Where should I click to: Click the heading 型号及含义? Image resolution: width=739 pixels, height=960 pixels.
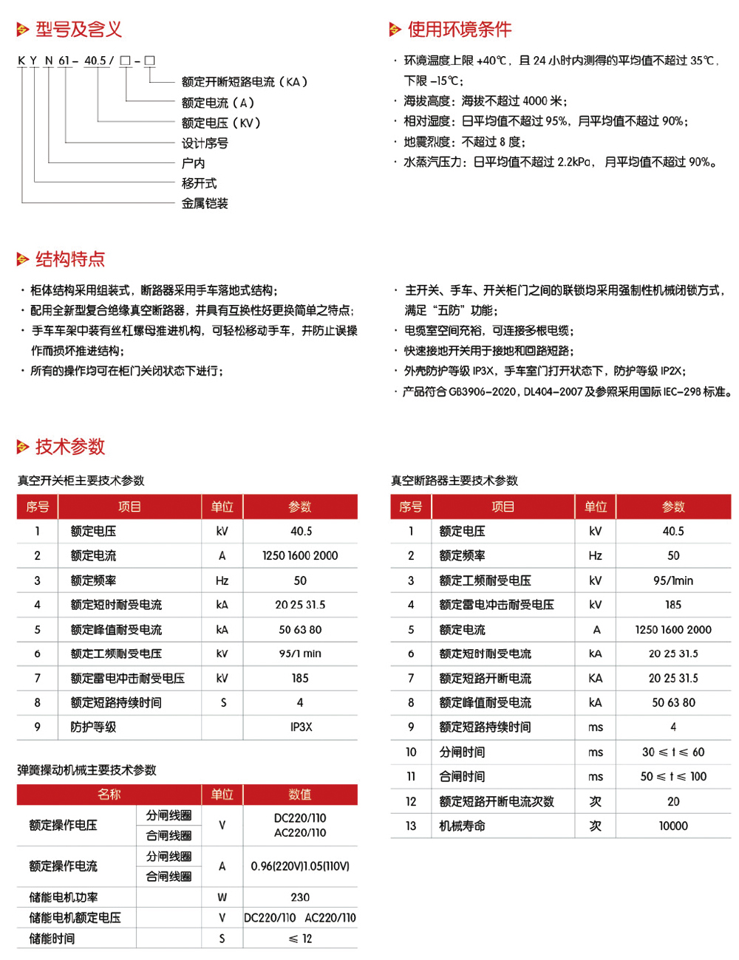[78, 30]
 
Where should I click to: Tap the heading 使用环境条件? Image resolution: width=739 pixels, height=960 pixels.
[459, 30]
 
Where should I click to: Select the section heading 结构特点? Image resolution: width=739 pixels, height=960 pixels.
[70, 259]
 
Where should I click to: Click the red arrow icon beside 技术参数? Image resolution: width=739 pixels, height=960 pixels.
[23, 447]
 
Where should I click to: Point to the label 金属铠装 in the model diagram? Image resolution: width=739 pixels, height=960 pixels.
[205, 203]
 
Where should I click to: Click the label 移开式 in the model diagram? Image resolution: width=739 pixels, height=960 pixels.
[199, 183]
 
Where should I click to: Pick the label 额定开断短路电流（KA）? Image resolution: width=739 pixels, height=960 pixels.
[245, 82]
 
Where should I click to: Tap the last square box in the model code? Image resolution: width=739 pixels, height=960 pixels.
[149, 61]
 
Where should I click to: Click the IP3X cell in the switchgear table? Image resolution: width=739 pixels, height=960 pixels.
[301, 727]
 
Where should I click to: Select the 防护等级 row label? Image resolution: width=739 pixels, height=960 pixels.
[93, 727]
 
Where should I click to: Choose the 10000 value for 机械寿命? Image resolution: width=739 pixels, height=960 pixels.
[673, 826]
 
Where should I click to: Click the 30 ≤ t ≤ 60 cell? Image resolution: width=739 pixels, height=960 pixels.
[673, 752]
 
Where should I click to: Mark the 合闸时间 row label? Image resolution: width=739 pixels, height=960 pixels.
[462, 777]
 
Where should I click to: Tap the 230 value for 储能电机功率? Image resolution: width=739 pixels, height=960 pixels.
[300, 897]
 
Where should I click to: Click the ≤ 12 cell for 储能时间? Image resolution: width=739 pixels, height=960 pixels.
[300, 939]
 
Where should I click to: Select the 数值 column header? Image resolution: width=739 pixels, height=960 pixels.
[300, 795]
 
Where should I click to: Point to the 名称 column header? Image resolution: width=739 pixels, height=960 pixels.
[109, 795]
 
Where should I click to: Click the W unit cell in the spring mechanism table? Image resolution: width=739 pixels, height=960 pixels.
[222, 897]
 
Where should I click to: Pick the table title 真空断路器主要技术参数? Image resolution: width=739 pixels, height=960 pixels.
[454, 481]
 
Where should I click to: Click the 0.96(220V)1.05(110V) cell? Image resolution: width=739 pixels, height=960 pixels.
[300, 866]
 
